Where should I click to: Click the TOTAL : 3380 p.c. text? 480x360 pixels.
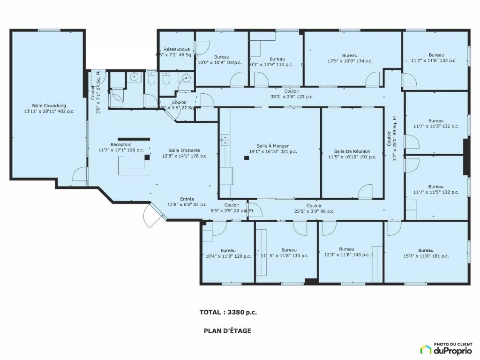[228, 312]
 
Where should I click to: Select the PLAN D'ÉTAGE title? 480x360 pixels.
[227, 330]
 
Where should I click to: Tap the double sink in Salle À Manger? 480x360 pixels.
[225, 139]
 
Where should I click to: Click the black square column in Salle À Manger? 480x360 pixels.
[247, 158]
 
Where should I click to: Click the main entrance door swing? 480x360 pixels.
[152, 216]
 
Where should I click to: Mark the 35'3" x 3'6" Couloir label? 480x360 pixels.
[292, 94]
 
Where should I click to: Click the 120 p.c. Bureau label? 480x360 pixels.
[228, 254]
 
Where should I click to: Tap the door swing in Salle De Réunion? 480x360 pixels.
[365, 191]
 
